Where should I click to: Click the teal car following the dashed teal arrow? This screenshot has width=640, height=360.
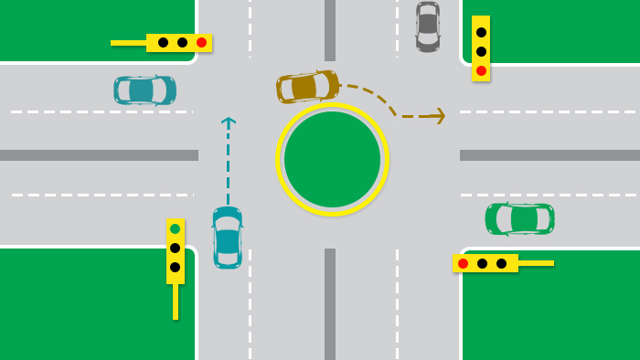(228, 238)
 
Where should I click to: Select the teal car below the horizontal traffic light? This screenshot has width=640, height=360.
(144, 90)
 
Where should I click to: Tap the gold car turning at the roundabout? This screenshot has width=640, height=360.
(307, 87)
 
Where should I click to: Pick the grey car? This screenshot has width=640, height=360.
(428, 26)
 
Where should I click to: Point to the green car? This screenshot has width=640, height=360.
(519, 218)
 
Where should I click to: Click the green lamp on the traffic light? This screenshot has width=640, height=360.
(175, 228)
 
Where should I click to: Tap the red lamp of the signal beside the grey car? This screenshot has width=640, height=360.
(481, 70)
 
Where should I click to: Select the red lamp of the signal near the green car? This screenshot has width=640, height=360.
(463, 263)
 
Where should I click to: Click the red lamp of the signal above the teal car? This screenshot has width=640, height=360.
(201, 42)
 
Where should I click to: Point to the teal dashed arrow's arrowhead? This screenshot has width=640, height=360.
(229, 122)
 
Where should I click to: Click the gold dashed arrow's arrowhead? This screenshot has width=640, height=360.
(439, 116)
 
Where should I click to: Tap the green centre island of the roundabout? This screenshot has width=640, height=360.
(332, 159)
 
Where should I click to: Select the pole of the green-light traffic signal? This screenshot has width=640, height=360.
(176, 302)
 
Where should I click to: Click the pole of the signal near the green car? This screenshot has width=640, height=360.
(536, 263)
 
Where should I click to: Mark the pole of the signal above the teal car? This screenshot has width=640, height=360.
(128, 43)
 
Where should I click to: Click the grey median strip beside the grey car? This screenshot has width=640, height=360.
(330, 29)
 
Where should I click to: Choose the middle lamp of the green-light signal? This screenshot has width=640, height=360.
(175, 248)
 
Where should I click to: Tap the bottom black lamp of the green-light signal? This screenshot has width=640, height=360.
(175, 267)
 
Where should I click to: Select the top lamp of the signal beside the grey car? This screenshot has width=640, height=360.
(481, 32)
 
